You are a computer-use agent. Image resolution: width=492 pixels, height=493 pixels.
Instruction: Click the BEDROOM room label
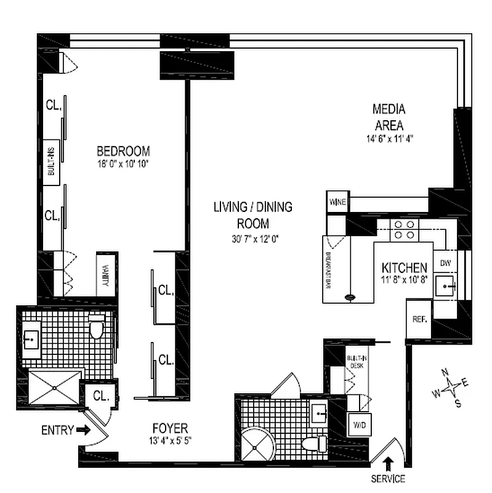pyautogui.click(x=123, y=151)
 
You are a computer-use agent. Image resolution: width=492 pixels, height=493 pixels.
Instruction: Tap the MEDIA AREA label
pyautogui.click(x=389, y=116)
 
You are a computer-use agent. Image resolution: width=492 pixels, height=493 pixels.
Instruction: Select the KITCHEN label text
pyautogui.click(x=405, y=268)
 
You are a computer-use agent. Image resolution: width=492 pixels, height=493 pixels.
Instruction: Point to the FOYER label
pyautogui.click(x=170, y=428)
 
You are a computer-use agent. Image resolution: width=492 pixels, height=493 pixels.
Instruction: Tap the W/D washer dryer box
pyautogui.click(x=358, y=424)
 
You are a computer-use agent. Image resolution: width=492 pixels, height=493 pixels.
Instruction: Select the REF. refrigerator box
pyautogui.click(x=419, y=319)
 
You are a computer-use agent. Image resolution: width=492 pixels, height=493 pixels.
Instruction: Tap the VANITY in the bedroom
pyautogui.click(x=106, y=275)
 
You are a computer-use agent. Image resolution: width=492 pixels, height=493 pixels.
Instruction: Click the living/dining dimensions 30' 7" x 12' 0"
pyautogui.click(x=252, y=239)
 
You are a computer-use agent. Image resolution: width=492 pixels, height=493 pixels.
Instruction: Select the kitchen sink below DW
pyautogui.click(x=445, y=286)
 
